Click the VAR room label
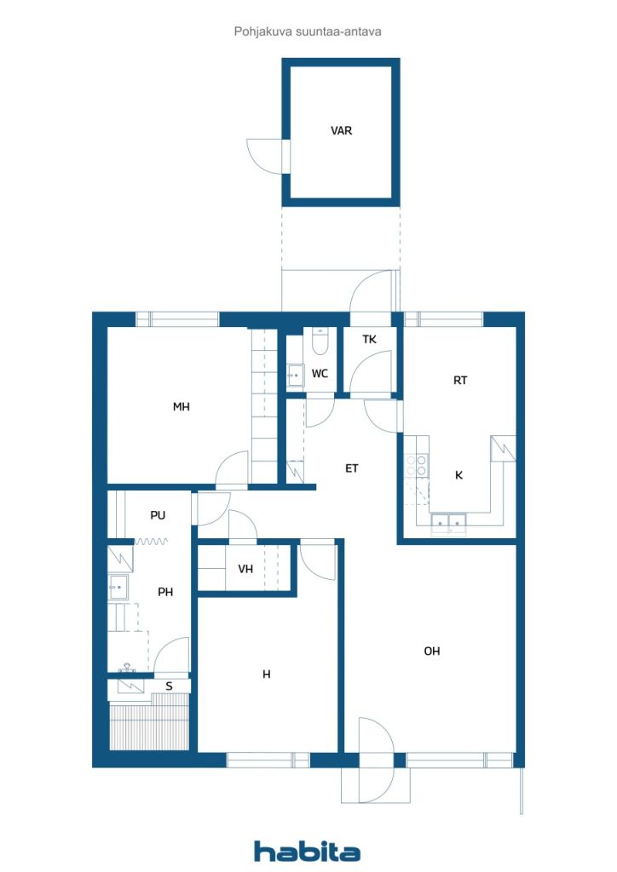341,130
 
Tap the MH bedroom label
182,407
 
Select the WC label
320,374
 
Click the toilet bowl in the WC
320,341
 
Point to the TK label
369,339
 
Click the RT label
460,381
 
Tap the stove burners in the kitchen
416,466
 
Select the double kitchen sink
448,523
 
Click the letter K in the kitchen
459,475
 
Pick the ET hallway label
352,469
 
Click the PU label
158,515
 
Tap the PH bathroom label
165,593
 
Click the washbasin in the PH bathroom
118,587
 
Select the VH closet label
245,569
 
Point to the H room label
267,674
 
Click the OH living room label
432,651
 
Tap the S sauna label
169,687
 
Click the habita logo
307,851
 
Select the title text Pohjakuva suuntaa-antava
308,32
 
